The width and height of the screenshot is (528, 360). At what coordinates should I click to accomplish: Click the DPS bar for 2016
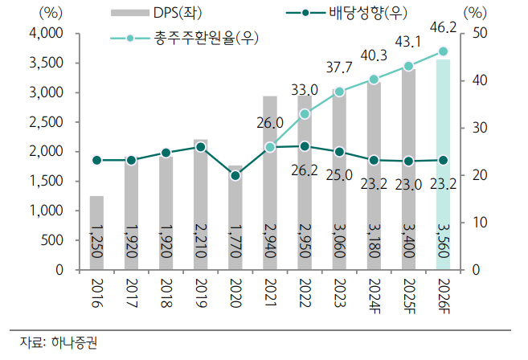click(x=96, y=233)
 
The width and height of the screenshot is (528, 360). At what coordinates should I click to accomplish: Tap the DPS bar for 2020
click(x=235, y=217)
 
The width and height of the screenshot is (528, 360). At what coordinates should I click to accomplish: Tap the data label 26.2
click(x=304, y=171)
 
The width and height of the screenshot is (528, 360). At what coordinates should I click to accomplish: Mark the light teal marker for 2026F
click(x=443, y=51)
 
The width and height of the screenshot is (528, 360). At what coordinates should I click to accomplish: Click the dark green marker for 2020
click(x=235, y=175)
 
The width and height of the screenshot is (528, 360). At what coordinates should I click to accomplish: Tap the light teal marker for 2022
click(x=305, y=114)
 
